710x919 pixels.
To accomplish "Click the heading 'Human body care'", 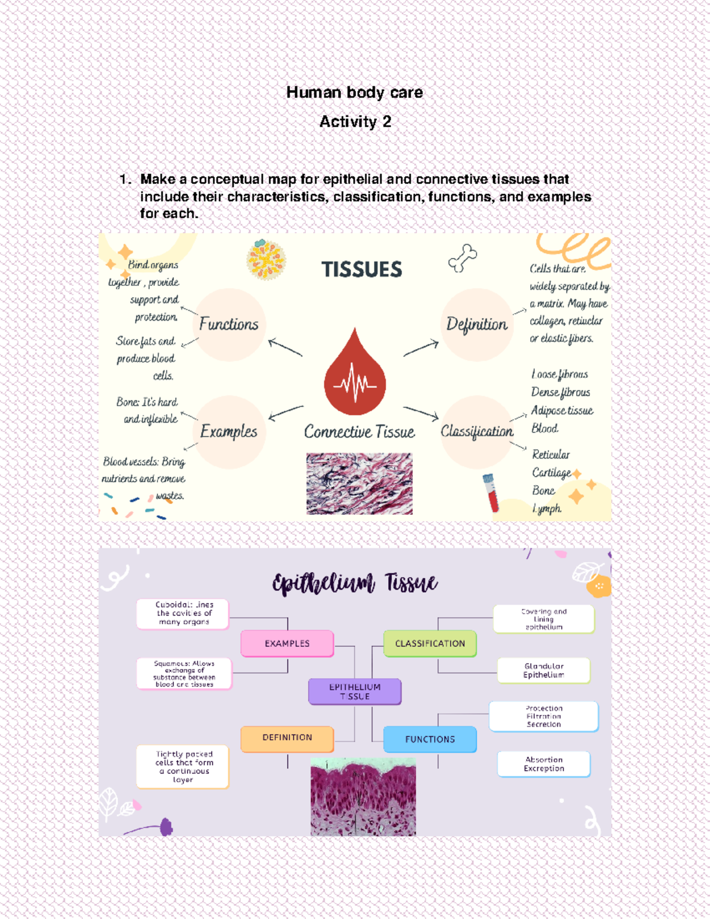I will (354, 93).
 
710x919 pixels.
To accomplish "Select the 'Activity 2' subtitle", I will (355, 122).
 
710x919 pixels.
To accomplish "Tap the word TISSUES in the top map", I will (362, 270).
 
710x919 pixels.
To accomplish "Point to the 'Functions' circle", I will (229, 324).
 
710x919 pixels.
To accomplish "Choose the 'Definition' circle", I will (477, 324).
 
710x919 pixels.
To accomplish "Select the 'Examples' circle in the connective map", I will (229, 431).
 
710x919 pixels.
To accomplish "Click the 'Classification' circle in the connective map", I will (477, 431).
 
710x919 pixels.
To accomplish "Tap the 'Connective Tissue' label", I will (359, 432).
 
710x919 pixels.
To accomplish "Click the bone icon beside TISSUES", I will (463, 258).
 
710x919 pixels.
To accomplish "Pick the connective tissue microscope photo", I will (359, 483).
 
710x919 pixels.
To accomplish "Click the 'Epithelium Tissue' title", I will (354, 583).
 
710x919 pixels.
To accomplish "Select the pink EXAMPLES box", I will (287, 644).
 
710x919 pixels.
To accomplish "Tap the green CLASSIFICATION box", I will (430, 644).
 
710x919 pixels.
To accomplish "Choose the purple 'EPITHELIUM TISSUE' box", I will (354, 692).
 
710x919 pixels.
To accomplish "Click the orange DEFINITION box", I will (287, 738).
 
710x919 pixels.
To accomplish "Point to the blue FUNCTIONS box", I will (430, 740).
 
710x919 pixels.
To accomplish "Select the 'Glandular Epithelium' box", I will (544, 670).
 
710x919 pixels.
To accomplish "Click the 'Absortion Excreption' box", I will (544, 764).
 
